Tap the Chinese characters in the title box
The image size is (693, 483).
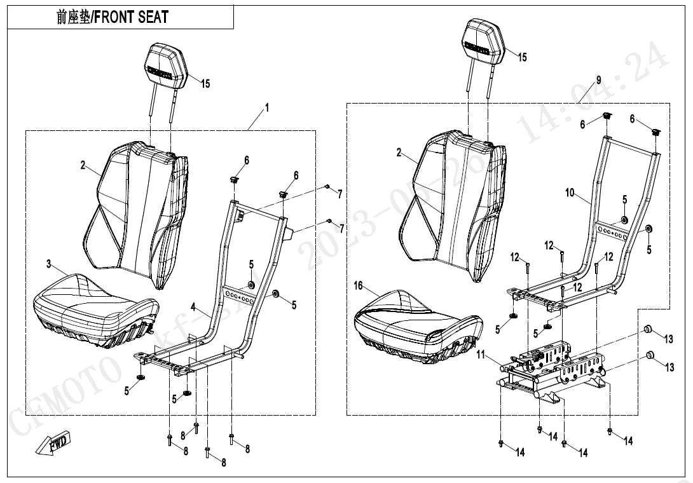coord(71,17)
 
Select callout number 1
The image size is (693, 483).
coord(266,108)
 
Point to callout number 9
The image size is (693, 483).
coord(598,79)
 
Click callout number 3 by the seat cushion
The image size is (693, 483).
coord(48,263)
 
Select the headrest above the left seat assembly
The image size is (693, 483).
coord(167,65)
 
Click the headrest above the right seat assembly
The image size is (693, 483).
coord(486,43)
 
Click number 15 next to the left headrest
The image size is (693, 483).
coord(205,83)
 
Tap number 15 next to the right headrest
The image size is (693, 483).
coord(521,57)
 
